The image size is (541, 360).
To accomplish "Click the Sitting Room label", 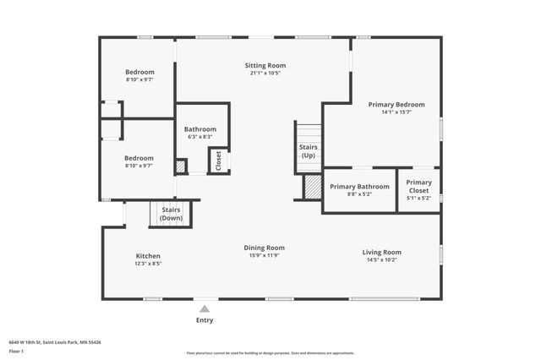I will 265,65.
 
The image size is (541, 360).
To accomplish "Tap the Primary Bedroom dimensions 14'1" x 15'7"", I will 396,112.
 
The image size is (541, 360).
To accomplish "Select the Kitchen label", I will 148,256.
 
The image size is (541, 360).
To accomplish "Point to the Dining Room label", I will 264,248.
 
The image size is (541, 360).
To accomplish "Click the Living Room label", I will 381,252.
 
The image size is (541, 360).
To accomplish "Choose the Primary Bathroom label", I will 359,186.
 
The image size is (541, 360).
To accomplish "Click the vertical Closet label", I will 218,160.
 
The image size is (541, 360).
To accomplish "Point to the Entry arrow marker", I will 205,308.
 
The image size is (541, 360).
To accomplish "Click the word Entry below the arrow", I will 205,320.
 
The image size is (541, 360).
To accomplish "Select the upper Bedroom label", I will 139,72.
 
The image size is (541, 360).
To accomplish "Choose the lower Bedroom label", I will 139,158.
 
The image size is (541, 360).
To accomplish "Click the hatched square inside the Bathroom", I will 181,166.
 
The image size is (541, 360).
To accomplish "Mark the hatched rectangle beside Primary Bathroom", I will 313,186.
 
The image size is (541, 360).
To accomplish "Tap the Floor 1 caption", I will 15,350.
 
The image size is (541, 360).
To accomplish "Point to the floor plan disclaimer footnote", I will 270,353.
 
